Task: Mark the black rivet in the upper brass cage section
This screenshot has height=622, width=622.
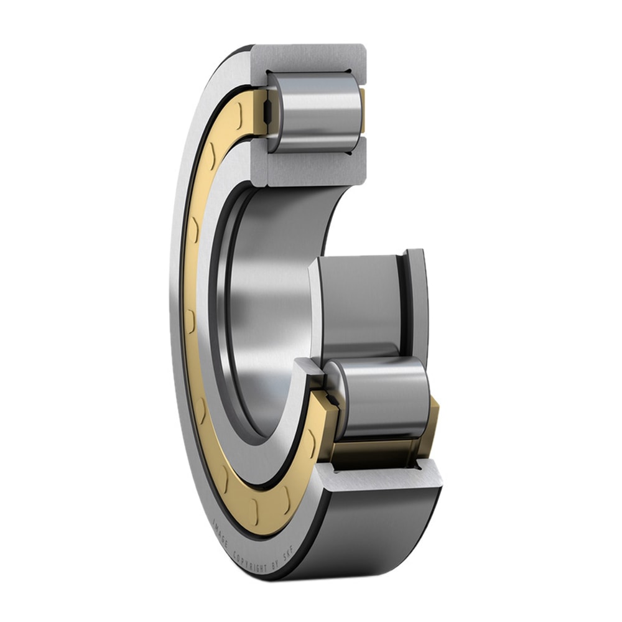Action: (x=266, y=112)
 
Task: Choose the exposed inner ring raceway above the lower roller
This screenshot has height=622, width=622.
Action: (x=361, y=305)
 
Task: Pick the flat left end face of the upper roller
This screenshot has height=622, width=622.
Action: (x=274, y=112)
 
